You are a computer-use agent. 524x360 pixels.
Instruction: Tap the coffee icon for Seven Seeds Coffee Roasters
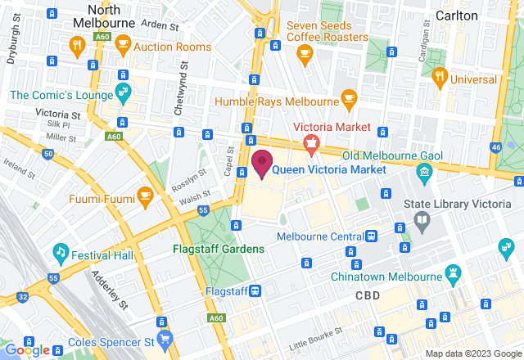[305, 54]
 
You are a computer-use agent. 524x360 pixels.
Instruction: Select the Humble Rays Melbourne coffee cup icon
[349, 97]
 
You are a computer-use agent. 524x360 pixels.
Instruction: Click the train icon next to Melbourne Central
[371, 236]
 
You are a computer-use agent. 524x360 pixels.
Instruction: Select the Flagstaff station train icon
[255, 290]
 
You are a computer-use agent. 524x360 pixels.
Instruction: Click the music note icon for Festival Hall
[60, 251]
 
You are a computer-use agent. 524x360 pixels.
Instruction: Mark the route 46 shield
[496, 147]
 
